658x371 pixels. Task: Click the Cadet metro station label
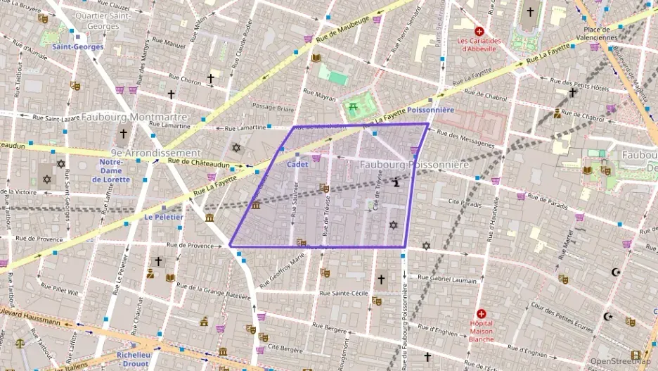point(298,164)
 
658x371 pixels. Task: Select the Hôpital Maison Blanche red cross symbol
point(482,314)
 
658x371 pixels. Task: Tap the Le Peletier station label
point(164,218)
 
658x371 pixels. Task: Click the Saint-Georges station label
point(77,47)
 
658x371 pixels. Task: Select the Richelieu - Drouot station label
point(134,360)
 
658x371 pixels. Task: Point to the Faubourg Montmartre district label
point(134,117)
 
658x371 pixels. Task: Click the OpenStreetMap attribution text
point(620,362)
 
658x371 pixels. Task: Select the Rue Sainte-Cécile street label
point(344,293)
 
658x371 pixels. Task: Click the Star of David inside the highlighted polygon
point(393,225)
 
